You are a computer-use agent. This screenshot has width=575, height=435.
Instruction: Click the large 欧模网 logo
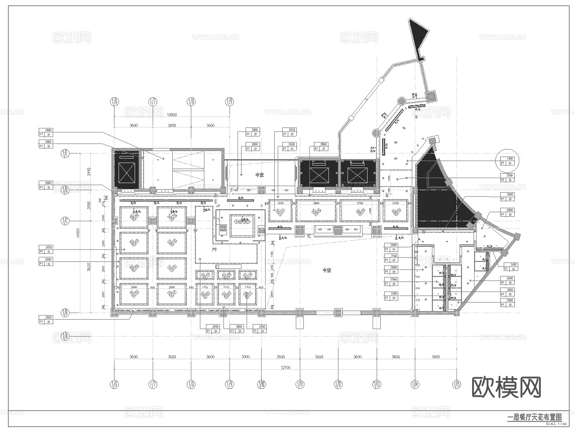tap(506, 388)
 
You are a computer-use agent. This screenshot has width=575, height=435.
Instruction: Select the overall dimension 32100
tap(285, 368)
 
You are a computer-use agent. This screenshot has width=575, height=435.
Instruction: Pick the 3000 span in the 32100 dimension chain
tap(245, 357)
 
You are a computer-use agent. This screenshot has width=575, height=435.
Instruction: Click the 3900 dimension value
tap(435, 357)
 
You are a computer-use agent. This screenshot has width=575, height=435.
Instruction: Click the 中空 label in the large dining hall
tap(326, 270)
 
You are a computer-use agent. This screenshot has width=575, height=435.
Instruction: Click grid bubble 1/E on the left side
tap(65, 153)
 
